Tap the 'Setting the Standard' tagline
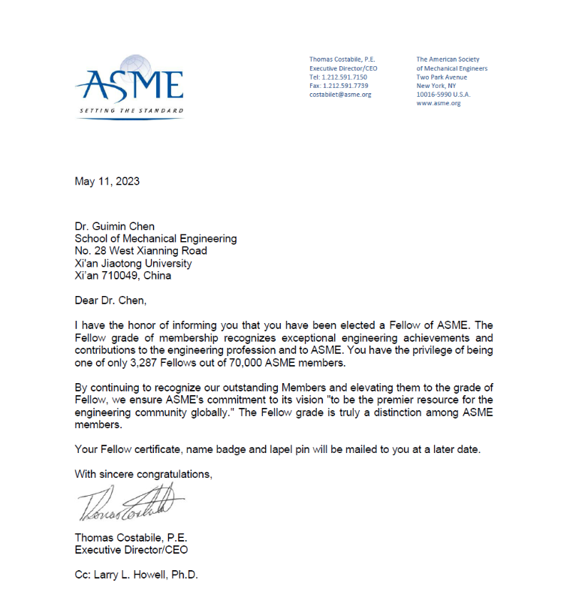tap(131, 111)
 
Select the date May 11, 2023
tap(107, 181)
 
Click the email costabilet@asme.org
tap(340, 95)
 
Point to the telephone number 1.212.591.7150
tap(345, 77)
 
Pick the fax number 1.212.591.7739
tap(346, 86)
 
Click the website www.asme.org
tap(439, 103)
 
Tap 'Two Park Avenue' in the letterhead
tap(442, 77)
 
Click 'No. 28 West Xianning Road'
tap(141, 251)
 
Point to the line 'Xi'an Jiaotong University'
tap(133, 263)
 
